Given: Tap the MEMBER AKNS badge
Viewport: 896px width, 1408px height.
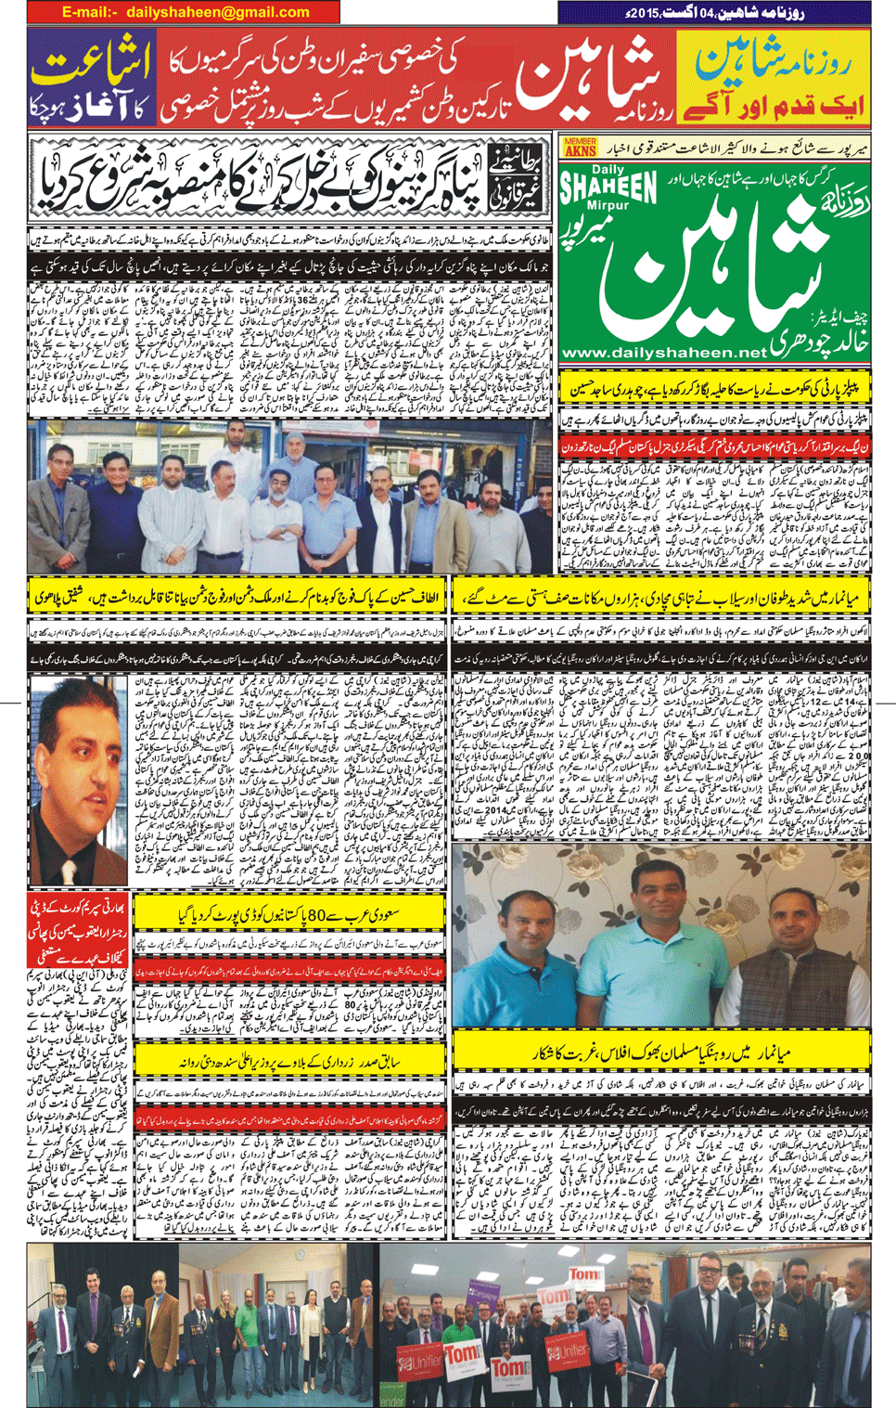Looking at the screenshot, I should (x=580, y=147).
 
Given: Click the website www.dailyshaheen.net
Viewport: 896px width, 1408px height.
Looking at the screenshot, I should (x=664, y=353).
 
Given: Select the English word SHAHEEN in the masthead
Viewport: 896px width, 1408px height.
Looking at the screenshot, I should (x=608, y=190).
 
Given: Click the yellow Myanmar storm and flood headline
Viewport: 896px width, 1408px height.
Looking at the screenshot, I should (x=663, y=598).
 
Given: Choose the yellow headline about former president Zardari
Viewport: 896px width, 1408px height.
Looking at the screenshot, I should (x=289, y=1060).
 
